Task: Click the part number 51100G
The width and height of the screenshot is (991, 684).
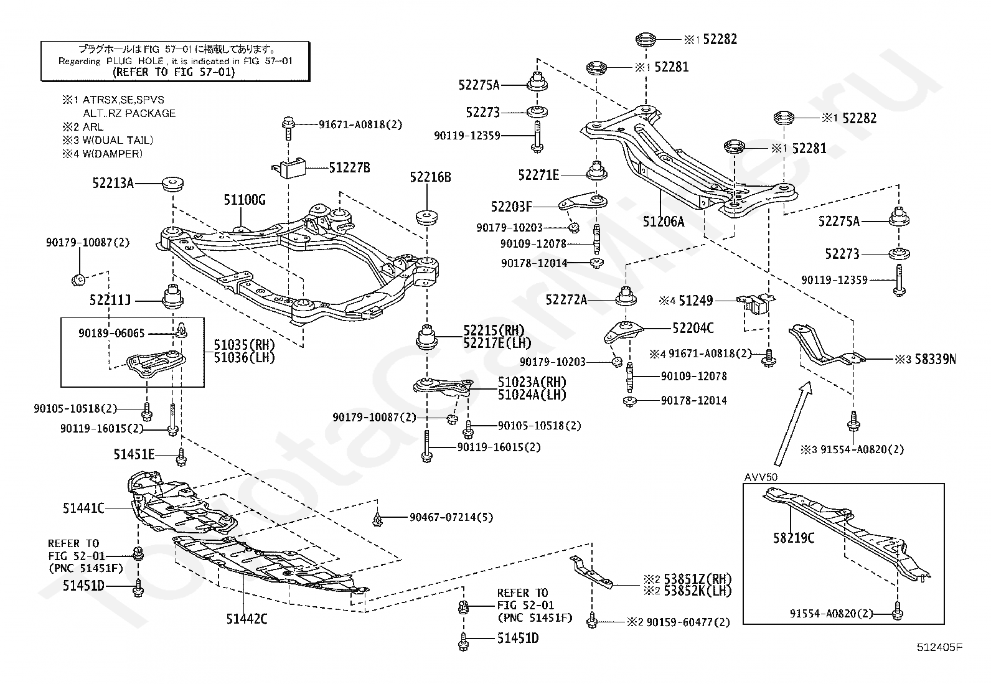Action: [245, 200]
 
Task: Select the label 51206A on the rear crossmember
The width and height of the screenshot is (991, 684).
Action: [663, 221]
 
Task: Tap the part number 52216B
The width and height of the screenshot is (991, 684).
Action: [430, 177]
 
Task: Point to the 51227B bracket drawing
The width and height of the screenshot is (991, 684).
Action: [290, 167]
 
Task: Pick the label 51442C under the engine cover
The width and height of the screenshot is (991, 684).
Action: [247, 619]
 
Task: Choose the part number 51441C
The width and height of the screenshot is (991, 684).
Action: [83, 508]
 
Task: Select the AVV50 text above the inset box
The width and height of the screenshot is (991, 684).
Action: [759, 477]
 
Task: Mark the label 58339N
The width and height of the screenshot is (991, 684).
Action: [935, 359]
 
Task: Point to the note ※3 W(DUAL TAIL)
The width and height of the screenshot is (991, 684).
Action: [107, 140]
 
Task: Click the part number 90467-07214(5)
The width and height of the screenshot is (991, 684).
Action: [451, 517]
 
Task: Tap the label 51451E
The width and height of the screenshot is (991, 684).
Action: [134, 454]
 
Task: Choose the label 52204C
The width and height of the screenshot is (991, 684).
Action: [693, 328]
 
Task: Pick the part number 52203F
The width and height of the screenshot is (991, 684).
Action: [512, 206]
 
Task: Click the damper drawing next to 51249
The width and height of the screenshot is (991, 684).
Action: [753, 303]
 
